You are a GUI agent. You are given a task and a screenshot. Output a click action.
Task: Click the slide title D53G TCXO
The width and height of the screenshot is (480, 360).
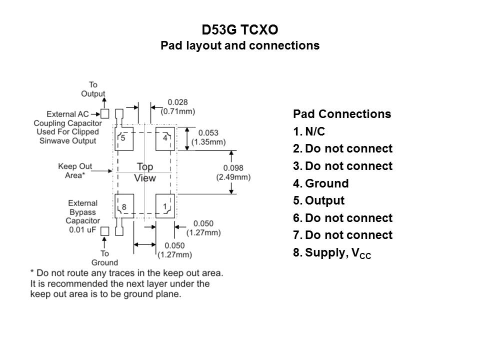pyautogui.click(x=239, y=30)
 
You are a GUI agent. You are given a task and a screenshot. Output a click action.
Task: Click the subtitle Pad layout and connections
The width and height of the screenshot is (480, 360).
pyautogui.click(x=239, y=45)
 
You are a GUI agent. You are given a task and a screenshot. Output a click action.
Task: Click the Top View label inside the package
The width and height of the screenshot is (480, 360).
pyautogui.click(x=145, y=172)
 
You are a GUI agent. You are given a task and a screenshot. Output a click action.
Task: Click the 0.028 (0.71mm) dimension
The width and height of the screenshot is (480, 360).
pyautogui.click(x=177, y=106)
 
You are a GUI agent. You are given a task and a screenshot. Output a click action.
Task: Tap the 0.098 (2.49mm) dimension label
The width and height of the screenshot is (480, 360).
pyautogui.click(x=233, y=172)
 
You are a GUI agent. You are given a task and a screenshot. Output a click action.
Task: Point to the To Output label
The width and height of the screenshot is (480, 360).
pyautogui.click(x=93, y=89)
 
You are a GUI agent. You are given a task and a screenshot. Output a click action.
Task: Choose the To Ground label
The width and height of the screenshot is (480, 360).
pyautogui.click(x=104, y=258)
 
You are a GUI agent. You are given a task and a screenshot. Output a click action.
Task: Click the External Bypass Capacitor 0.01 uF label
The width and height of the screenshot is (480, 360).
pyautogui.click(x=83, y=216)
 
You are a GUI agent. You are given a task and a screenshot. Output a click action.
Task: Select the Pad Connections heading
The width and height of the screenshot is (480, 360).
pyautogui.click(x=342, y=114)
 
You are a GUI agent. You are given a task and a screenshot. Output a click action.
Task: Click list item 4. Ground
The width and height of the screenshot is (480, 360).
pyautogui.click(x=321, y=183)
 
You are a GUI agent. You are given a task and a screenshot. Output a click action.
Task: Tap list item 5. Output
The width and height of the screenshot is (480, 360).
pyautogui.click(x=319, y=201)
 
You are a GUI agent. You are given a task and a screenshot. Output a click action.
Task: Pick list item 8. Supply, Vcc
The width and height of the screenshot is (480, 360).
pyautogui.click(x=332, y=253)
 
